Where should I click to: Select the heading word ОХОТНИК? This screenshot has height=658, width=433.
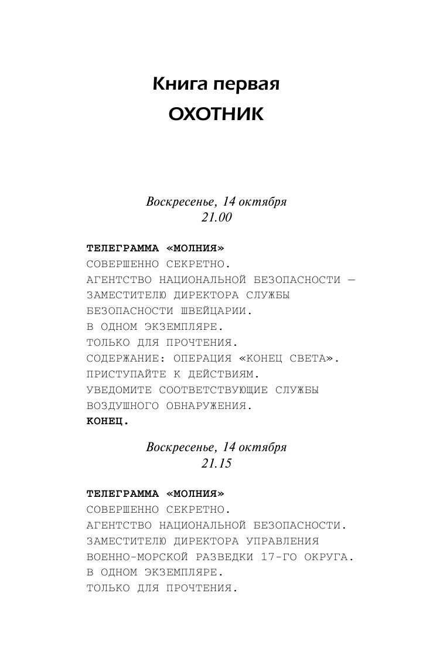pyautogui.click(x=216, y=114)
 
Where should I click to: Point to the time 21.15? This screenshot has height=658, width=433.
pyautogui.click(x=216, y=463)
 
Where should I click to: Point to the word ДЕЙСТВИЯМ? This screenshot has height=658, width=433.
pyautogui.click(x=223, y=374)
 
